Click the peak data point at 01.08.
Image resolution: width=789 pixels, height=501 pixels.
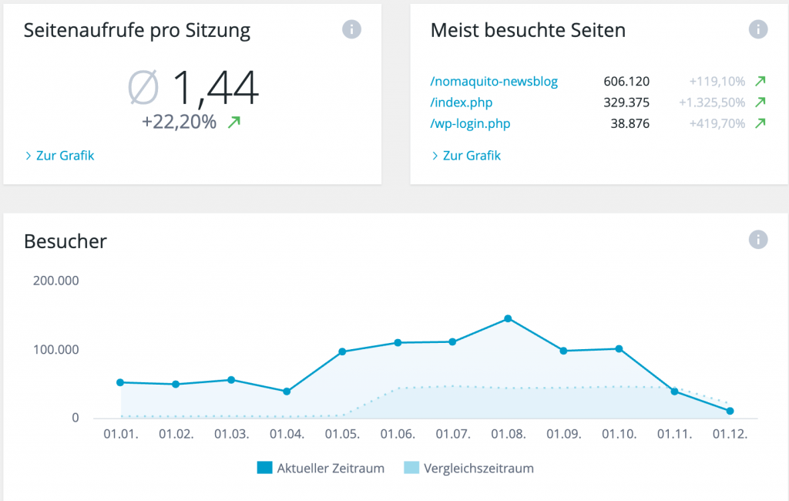click(x=508, y=318)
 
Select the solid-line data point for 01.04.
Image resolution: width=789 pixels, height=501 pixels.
click(x=287, y=392)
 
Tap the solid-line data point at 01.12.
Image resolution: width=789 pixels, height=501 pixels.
click(x=730, y=411)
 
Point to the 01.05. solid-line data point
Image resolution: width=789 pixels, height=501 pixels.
click(x=342, y=351)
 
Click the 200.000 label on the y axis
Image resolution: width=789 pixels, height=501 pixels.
click(x=56, y=281)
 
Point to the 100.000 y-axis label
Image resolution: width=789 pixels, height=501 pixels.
click(x=56, y=350)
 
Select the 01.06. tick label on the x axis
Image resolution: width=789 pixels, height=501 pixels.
click(x=398, y=434)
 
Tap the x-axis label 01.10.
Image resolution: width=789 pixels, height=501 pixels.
click(x=619, y=434)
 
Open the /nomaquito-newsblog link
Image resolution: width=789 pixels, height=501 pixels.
click(x=494, y=81)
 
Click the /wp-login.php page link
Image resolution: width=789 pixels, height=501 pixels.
click(x=470, y=123)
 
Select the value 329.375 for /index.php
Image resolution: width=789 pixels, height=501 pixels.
click(x=626, y=103)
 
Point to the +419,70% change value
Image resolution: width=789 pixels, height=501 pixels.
click(x=717, y=123)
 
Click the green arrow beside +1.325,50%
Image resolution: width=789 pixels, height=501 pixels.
click(x=760, y=103)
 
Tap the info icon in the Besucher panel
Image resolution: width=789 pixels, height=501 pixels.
click(x=758, y=240)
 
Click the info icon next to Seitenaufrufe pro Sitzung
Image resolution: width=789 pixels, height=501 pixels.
click(x=351, y=30)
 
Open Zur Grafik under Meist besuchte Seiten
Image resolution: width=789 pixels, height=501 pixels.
click(x=471, y=156)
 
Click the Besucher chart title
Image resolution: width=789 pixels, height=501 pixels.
click(x=65, y=241)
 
